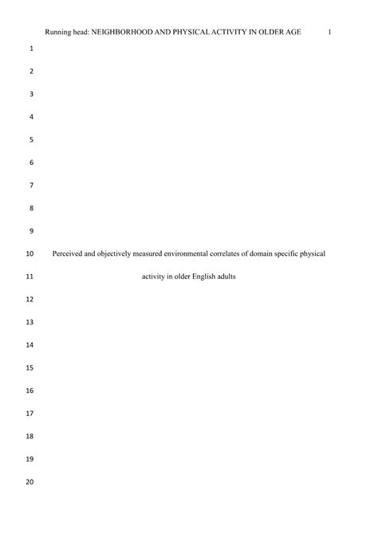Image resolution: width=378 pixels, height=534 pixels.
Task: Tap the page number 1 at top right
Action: [329, 32]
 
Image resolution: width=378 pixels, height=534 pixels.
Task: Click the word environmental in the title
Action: [185, 254]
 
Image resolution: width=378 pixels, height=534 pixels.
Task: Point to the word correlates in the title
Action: [227, 254]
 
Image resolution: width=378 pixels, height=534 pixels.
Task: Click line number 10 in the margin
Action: [30, 254]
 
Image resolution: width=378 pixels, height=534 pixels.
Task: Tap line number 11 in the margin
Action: [30, 277]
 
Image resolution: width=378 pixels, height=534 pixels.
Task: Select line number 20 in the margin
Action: [30, 482]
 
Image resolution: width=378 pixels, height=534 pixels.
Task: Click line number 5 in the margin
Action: [30, 139]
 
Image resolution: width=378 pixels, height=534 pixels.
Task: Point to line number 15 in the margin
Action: [30, 368]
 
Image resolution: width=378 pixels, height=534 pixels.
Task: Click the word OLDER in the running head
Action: [272, 32]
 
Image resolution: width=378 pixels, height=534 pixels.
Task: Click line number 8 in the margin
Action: [30, 208]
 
